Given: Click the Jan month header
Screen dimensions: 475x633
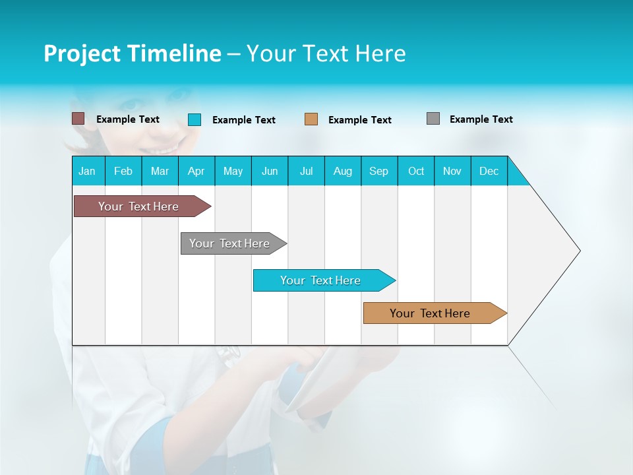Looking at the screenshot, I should point(88,171).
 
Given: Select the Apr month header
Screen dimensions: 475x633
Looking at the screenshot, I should point(196,171).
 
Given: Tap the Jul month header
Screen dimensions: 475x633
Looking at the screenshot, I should point(306,171).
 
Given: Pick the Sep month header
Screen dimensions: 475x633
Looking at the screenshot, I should point(379,171).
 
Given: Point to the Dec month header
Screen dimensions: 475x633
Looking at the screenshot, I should point(489,171).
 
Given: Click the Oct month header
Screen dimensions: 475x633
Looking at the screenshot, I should point(416,171).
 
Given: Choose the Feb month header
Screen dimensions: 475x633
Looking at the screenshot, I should point(123,171).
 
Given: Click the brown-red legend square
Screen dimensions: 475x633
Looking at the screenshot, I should point(78,119).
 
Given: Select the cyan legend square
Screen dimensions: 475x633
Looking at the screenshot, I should point(195,119).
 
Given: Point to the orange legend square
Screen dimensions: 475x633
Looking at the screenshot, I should point(311,119).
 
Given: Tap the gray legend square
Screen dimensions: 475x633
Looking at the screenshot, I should point(433,119).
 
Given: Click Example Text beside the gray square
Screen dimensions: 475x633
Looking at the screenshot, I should point(481,119).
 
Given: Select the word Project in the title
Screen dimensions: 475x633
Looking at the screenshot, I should point(82,53).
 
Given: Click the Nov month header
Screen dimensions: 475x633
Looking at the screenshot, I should point(452,171).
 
